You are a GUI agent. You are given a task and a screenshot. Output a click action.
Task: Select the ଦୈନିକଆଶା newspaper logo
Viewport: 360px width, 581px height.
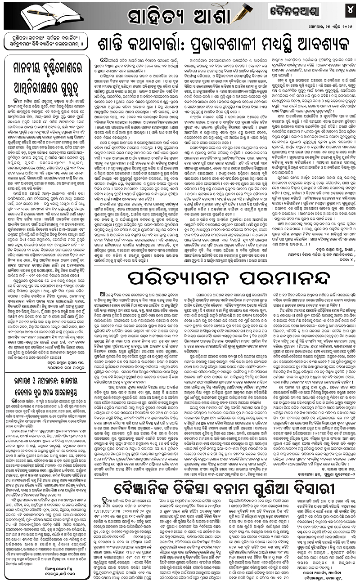(295, 11)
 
